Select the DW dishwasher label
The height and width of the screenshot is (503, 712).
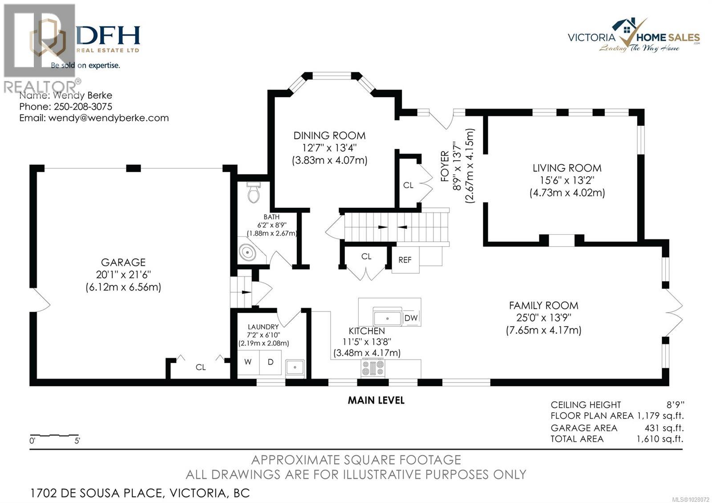point(411,318)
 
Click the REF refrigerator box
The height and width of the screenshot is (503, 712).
point(405,260)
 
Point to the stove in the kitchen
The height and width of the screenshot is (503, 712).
point(373,368)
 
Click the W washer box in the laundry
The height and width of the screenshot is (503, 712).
point(248,362)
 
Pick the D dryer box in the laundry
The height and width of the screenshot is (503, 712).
point(270,362)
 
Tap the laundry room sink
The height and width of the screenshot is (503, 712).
point(295,368)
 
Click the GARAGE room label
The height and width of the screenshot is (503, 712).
point(123,262)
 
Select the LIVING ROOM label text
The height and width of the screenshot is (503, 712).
point(567,168)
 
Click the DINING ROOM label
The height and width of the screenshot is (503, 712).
point(329,135)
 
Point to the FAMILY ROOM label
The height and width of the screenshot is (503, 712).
point(543,305)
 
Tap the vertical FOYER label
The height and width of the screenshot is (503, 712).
point(445,166)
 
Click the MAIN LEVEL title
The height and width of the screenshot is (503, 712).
point(376,400)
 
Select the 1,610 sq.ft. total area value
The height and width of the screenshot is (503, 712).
point(659,439)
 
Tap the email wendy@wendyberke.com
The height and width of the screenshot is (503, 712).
point(108,118)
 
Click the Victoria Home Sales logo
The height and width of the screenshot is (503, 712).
point(634,36)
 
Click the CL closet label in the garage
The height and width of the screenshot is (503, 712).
point(201,367)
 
